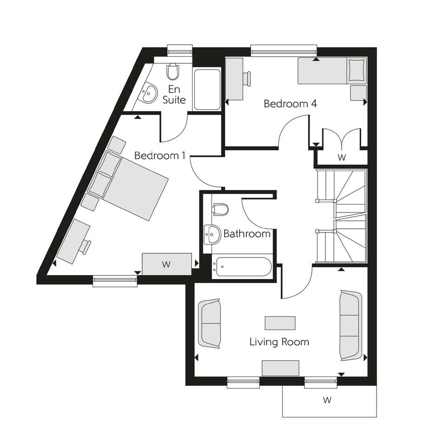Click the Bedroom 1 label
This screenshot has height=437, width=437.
(x=160, y=156)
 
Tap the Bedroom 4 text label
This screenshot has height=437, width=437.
(x=290, y=104)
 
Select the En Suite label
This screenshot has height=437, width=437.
(x=174, y=94)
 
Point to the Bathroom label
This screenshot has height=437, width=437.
(x=247, y=233)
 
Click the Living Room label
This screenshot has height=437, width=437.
(x=279, y=342)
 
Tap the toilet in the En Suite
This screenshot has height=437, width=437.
(x=173, y=72)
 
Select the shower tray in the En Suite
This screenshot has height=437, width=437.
(x=207, y=89)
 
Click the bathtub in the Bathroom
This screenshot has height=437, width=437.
(x=242, y=266)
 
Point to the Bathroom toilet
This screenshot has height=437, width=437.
(x=220, y=209)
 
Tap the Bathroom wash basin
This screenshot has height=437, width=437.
(x=212, y=234)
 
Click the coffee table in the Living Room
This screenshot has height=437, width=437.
(x=280, y=323)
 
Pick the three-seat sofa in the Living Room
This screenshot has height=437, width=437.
(x=351, y=325)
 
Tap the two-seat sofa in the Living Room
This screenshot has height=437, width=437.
(x=209, y=324)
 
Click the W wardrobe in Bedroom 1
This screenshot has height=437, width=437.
(x=166, y=264)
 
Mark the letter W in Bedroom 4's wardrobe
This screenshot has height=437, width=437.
(x=342, y=158)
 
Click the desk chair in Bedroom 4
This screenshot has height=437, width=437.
(x=247, y=78)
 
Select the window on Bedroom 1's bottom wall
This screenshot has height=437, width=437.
(x=115, y=281)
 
